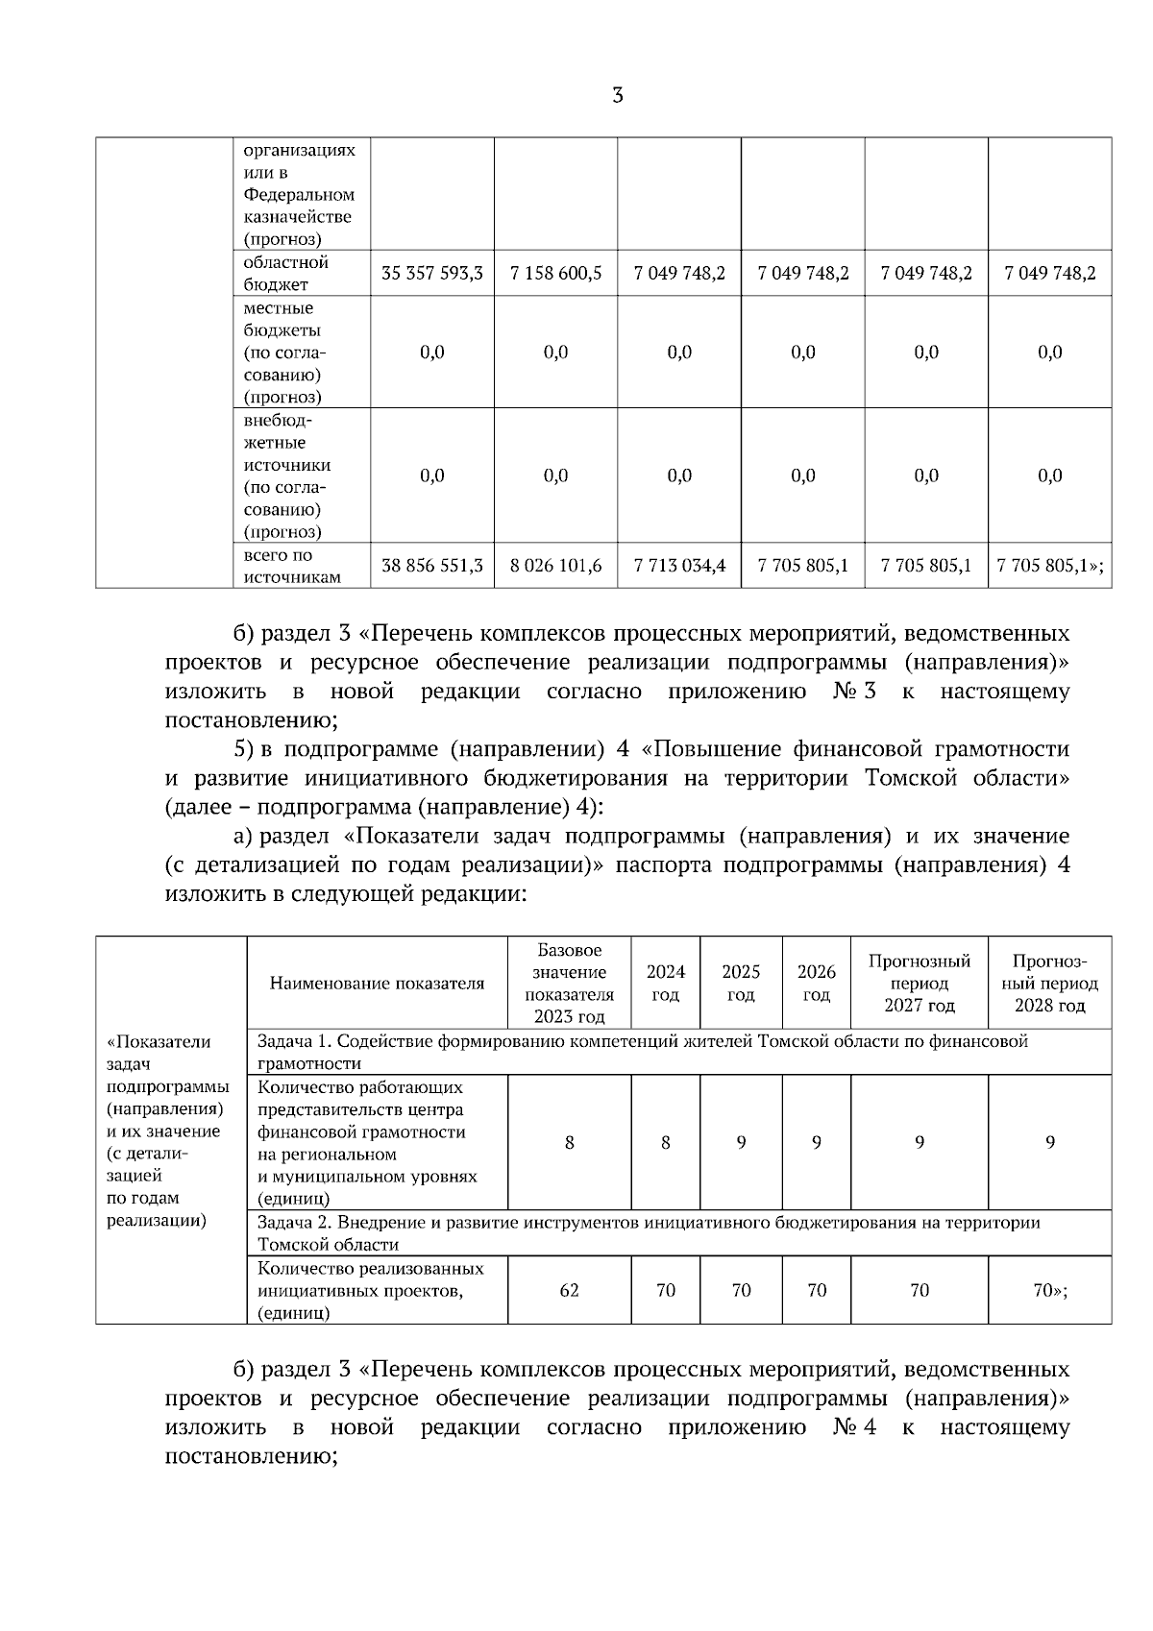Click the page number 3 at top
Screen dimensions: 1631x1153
617,95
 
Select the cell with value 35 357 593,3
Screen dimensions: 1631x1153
431,274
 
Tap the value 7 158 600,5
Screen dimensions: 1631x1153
555,274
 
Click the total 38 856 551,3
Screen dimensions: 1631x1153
431,566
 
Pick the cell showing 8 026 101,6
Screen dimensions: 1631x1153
555,566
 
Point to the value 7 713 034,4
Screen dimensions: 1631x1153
678,566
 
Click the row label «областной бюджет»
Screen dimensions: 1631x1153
285,274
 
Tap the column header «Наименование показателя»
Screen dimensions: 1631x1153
377,983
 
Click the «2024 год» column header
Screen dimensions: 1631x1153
665,983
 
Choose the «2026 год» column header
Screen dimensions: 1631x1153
816,983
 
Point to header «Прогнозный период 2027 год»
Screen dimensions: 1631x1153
919,983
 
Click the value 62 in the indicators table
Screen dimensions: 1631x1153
569,1290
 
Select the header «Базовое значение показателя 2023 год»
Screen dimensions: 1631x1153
569,983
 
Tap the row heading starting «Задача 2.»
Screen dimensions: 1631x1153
649,1233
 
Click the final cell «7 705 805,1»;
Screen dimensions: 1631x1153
1049,566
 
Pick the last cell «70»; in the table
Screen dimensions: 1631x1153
1049,1290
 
